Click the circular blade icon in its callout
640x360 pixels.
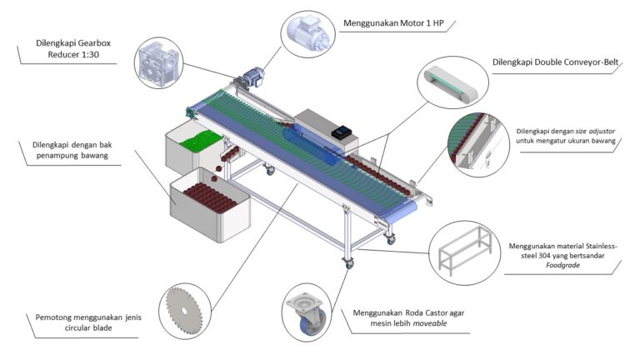184,311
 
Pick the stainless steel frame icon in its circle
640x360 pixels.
465,251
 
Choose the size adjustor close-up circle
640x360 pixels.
478,144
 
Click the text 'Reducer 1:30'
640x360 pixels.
73,55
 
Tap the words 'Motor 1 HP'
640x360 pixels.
422,23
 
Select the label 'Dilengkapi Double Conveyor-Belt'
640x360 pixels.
555,62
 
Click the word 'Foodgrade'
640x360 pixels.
562,265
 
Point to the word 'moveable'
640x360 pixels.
430,323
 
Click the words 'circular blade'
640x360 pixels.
88,327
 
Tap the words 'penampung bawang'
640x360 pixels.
72,156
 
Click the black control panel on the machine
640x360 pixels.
342,132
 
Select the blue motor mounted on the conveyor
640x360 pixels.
253,77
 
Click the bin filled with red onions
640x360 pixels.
210,204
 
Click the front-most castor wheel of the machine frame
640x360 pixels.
348,263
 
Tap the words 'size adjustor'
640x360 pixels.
595,132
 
